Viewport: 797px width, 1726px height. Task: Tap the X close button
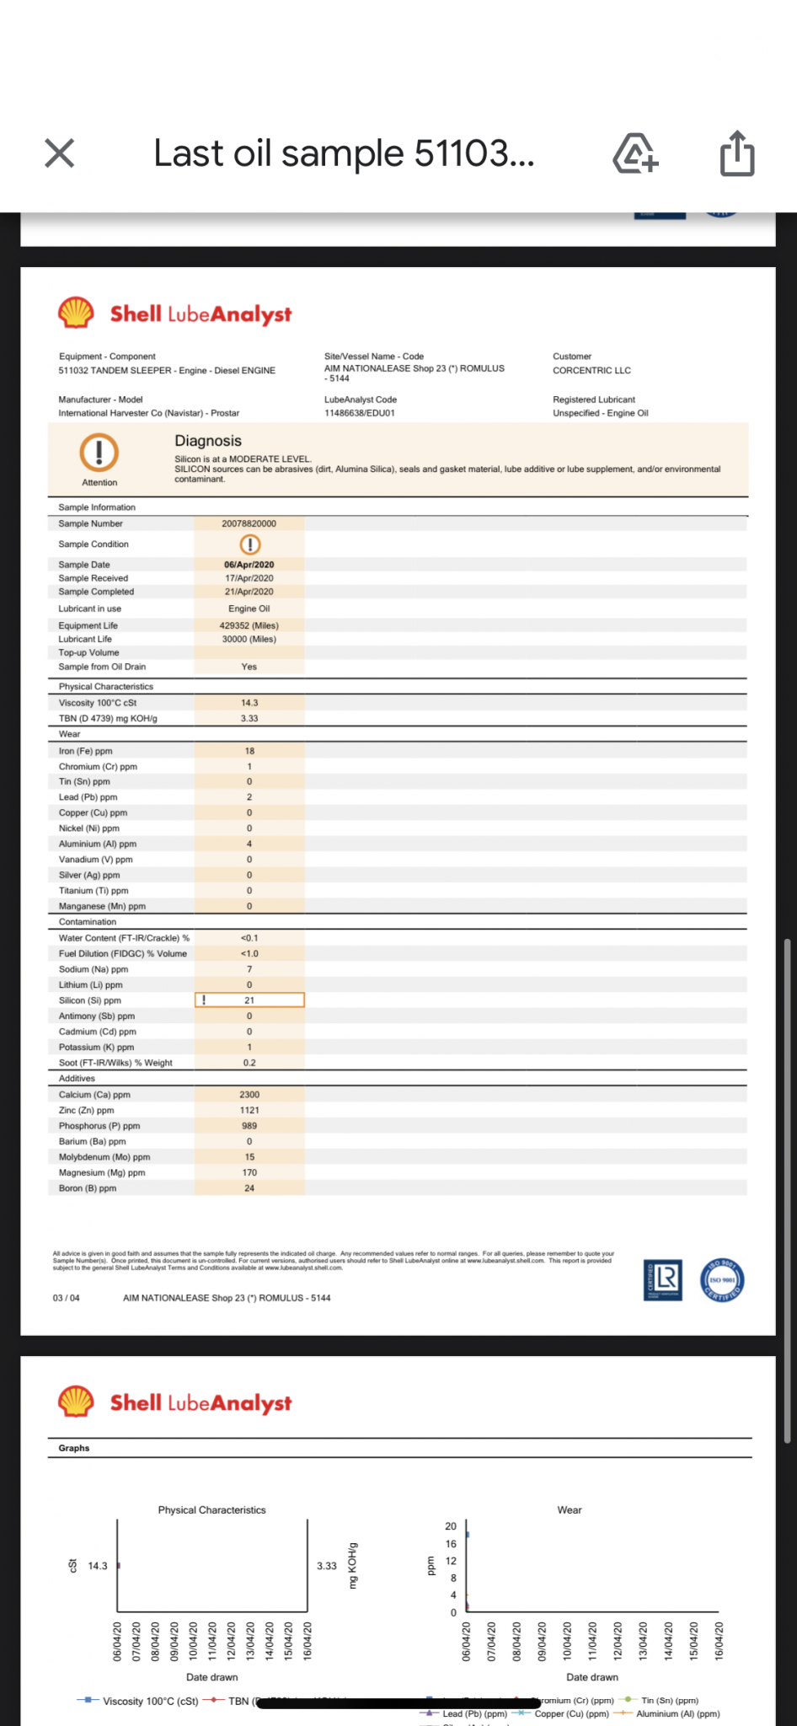click(x=60, y=153)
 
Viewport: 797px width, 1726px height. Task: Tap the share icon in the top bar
click(x=737, y=153)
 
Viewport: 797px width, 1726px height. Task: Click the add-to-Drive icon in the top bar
click(x=635, y=153)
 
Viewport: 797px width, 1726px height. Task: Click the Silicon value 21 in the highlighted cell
click(x=249, y=1000)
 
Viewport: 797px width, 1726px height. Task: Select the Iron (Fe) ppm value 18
click(x=249, y=751)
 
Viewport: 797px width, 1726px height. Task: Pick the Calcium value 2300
click(x=249, y=1095)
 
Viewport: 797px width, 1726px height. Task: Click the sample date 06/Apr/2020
click(x=249, y=565)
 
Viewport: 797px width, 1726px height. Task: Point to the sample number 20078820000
click(x=249, y=523)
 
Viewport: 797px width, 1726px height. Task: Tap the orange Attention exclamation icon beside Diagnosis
click(x=99, y=452)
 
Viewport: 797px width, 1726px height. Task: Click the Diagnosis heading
click(x=208, y=441)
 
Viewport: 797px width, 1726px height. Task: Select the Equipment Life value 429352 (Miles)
click(x=249, y=625)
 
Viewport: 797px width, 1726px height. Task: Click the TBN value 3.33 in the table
click(x=249, y=719)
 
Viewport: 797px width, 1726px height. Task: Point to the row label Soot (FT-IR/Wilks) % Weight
click(x=115, y=1063)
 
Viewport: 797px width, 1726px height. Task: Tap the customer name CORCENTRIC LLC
click(x=591, y=371)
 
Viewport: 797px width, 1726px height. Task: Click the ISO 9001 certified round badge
click(x=722, y=1279)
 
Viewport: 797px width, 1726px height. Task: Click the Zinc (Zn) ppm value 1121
click(x=249, y=1110)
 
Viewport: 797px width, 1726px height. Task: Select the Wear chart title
click(x=570, y=1509)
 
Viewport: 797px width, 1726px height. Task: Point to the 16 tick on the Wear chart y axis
click(x=451, y=1544)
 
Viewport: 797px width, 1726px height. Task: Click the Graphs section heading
click(x=74, y=1448)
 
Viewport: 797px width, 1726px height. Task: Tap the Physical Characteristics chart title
click(x=211, y=1509)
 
